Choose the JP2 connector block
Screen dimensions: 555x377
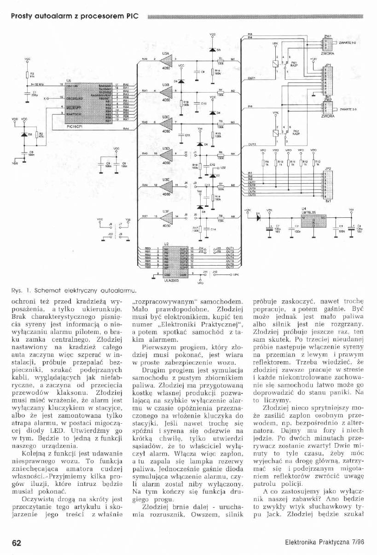click(328, 184)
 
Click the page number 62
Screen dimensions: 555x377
click(17, 542)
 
